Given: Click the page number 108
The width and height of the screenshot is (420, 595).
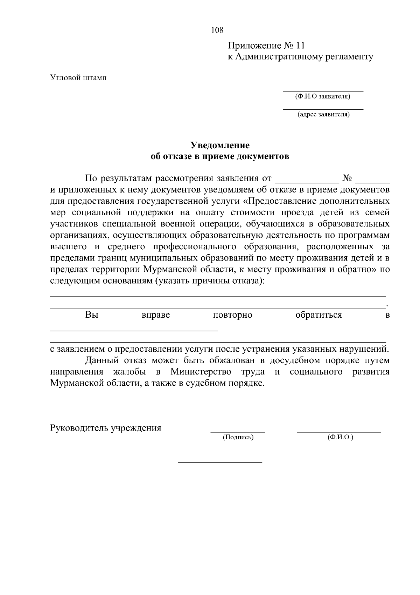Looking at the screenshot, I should [x=217, y=30].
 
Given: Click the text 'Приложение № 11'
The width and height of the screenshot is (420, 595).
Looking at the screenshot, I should [x=266, y=46].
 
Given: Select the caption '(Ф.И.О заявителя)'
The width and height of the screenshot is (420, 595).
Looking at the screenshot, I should [x=323, y=96].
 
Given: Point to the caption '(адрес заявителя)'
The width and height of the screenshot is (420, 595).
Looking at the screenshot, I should [x=323, y=114].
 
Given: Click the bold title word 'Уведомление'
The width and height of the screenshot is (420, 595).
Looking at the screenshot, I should [x=220, y=145].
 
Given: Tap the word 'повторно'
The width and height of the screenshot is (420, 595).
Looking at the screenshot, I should [x=232, y=315].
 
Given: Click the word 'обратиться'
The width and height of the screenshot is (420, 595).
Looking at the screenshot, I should [x=318, y=315].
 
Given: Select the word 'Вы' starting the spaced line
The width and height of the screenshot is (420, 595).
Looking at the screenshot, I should [x=91, y=315].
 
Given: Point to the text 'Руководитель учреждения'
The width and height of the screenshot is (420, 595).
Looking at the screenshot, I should [x=106, y=428].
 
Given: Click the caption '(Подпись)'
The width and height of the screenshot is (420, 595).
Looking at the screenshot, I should [x=238, y=437].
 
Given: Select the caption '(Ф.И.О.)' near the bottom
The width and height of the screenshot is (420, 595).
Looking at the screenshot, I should [x=340, y=437].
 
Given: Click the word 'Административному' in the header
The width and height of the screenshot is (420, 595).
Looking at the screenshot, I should [x=276, y=57].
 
